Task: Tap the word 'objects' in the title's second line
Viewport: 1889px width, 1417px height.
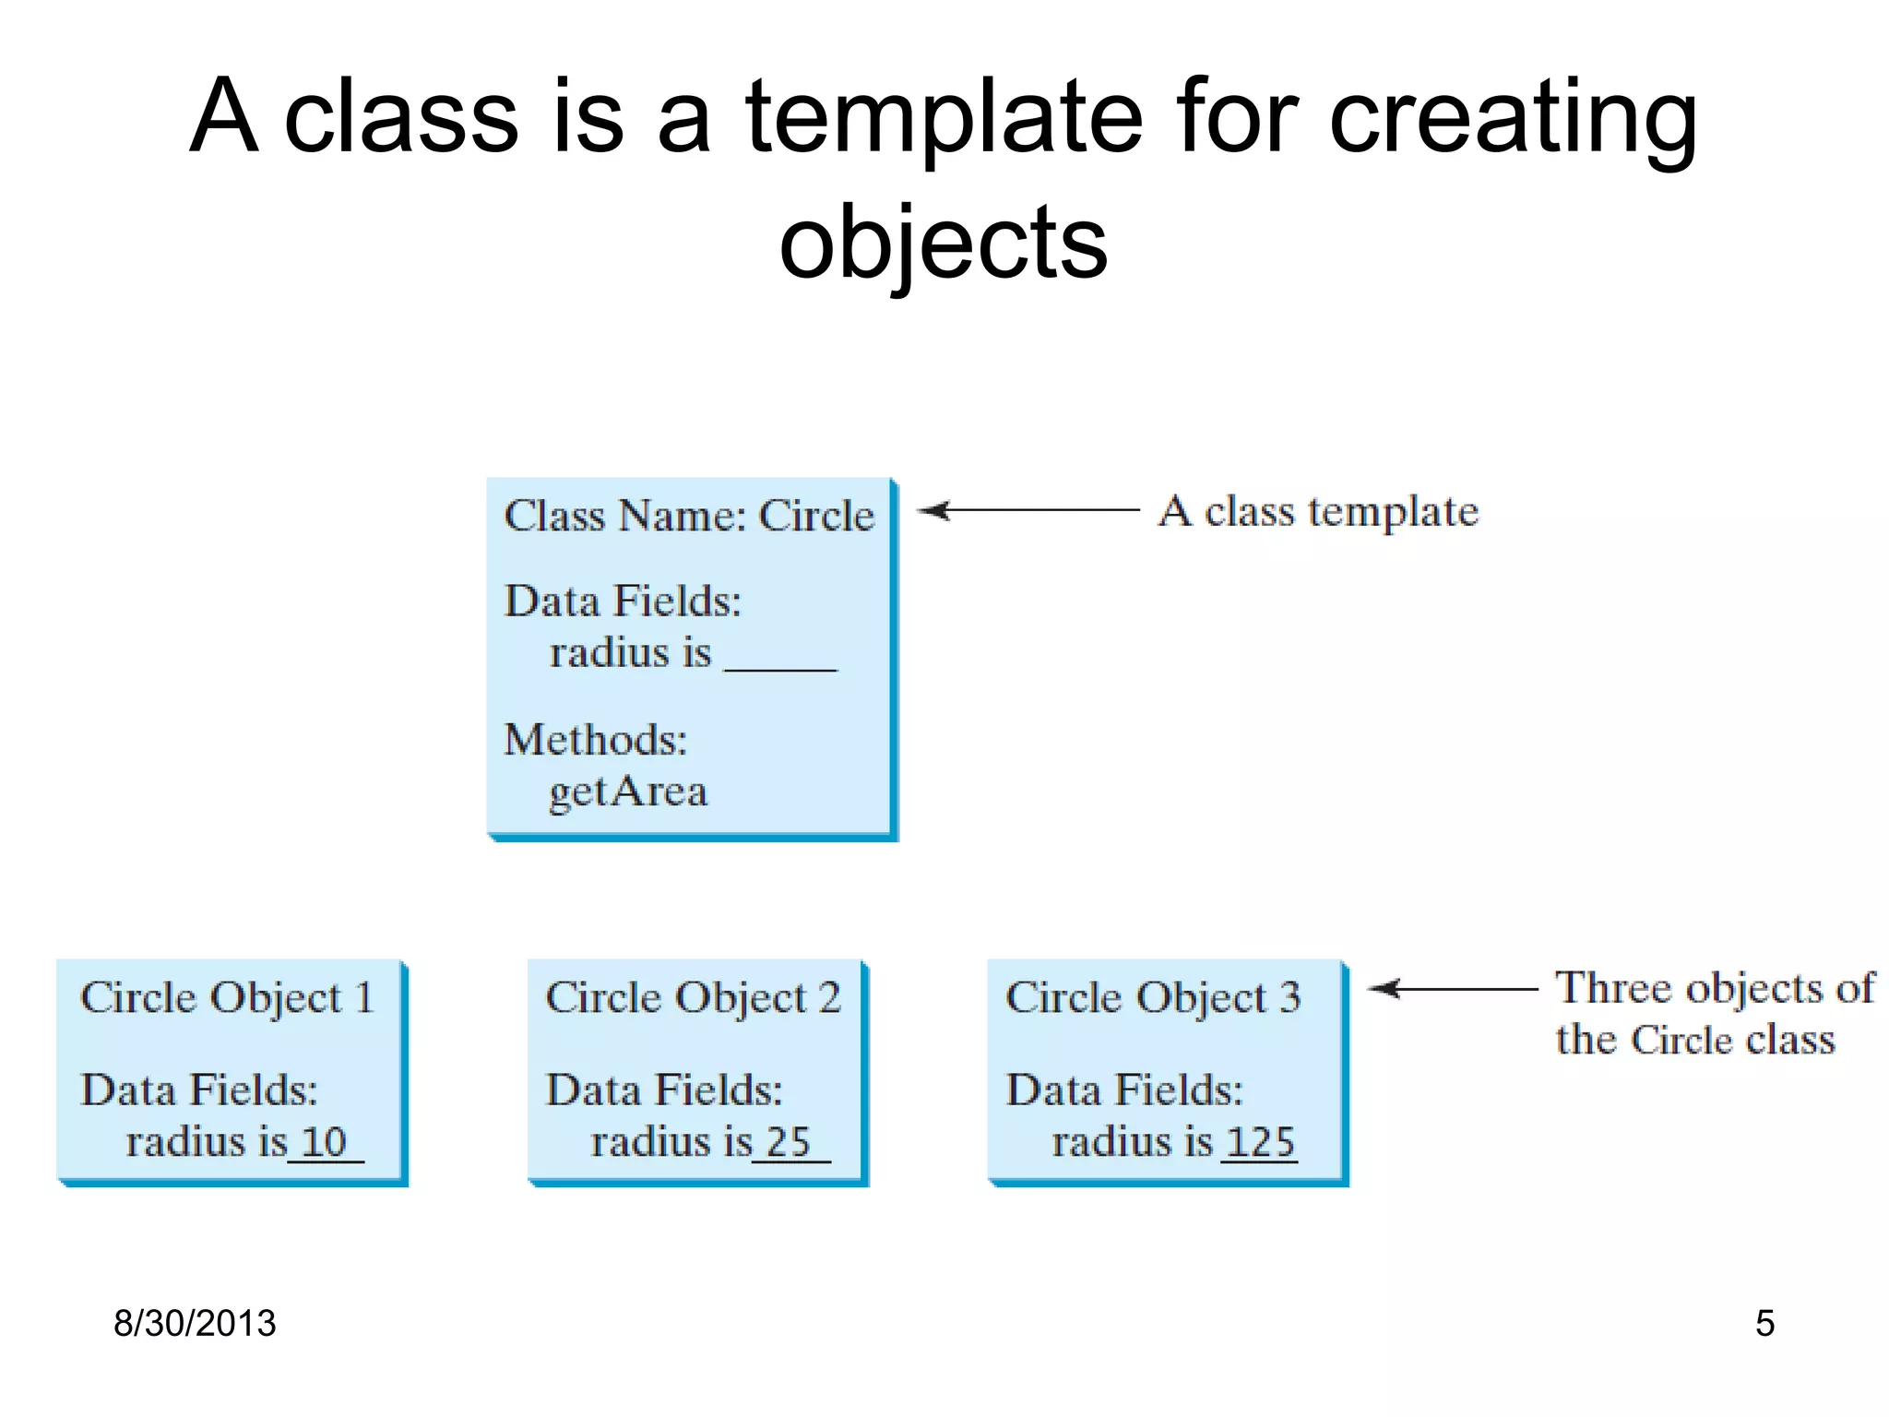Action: point(943,244)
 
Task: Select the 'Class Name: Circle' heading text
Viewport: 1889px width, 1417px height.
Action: point(689,515)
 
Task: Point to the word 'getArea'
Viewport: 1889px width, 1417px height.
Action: point(628,792)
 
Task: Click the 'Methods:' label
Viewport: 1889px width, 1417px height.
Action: point(596,740)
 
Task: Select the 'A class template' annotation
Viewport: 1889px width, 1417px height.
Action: point(1318,511)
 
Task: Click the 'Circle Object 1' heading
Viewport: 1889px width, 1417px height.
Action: point(227,997)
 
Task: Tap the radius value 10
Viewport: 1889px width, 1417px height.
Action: point(324,1142)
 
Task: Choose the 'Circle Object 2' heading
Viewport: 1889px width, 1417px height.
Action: point(693,997)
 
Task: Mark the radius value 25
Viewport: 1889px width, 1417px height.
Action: point(788,1142)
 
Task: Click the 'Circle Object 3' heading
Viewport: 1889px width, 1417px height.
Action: point(1153,997)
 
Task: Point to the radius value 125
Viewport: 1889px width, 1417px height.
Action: point(1260,1142)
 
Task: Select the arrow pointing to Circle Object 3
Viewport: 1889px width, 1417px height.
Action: point(1452,989)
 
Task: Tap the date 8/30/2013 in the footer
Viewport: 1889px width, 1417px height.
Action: point(195,1323)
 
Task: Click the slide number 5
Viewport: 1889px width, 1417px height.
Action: point(1764,1323)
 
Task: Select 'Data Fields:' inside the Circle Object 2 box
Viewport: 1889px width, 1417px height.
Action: point(664,1090)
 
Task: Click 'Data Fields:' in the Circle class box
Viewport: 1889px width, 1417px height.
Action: point(623,601)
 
